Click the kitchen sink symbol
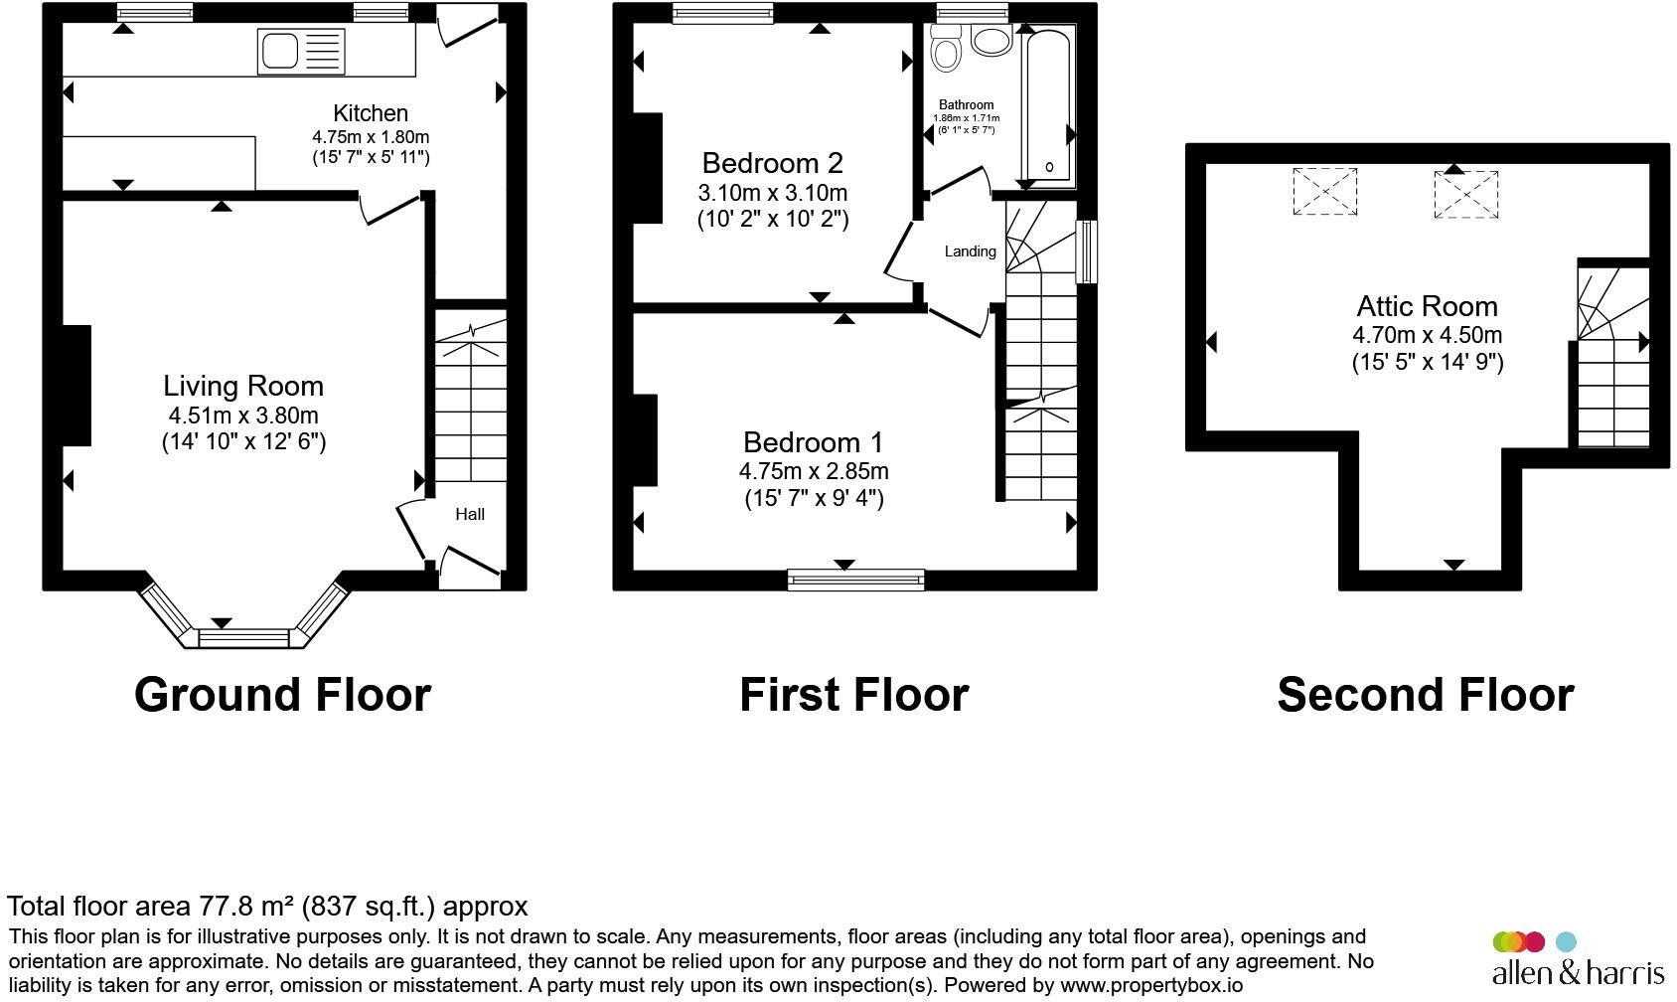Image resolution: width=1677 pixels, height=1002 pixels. click(x=301, y=52)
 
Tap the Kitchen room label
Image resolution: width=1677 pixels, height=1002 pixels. click(x=370, y=113)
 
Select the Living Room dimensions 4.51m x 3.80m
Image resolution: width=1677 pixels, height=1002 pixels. click(x=243, y=416)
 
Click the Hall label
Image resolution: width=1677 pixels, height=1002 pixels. click(x=470, y=514)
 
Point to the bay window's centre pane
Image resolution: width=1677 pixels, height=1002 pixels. click(x=243, y=637)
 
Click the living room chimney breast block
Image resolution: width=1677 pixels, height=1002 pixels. click(x=77, y=386)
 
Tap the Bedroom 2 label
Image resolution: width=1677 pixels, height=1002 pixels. click(x=772, y=162)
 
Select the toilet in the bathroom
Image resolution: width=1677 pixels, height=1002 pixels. click(x=946, y=48)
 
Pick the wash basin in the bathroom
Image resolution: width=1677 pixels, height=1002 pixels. click(x=991, y=41)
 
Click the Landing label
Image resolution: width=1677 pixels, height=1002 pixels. click(x=970, y=251)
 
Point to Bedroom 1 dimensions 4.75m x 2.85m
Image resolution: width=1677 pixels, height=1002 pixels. click(x=814, y=471)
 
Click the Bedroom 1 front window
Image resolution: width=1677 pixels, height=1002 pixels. click(x=855, y=579)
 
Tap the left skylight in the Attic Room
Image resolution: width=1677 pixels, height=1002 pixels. click(x=1324, y=192)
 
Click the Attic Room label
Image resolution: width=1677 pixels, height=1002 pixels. click(x=1427, y=306)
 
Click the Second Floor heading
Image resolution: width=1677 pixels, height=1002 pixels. click(x=1425, y=695)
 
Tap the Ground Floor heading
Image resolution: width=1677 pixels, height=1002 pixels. click(x=282, y=695)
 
